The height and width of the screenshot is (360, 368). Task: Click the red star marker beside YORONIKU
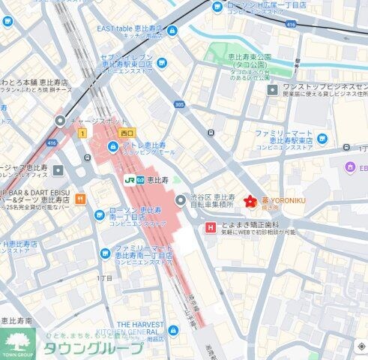click(249, 201)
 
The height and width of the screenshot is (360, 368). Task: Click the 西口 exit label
click(126, 132)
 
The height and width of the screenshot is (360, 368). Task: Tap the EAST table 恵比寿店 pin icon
click(172, 31)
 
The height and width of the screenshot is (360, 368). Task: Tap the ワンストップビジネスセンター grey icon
click(273, 90)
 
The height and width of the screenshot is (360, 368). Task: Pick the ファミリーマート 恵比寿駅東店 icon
click(322, 138)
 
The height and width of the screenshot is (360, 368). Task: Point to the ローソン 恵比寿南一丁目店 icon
click(100, 216)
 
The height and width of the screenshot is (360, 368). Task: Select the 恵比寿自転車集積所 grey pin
click(180, 200)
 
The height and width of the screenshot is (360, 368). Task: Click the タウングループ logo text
click(93, 349)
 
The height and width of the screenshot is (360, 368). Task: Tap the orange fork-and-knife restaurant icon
click(80, 199)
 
